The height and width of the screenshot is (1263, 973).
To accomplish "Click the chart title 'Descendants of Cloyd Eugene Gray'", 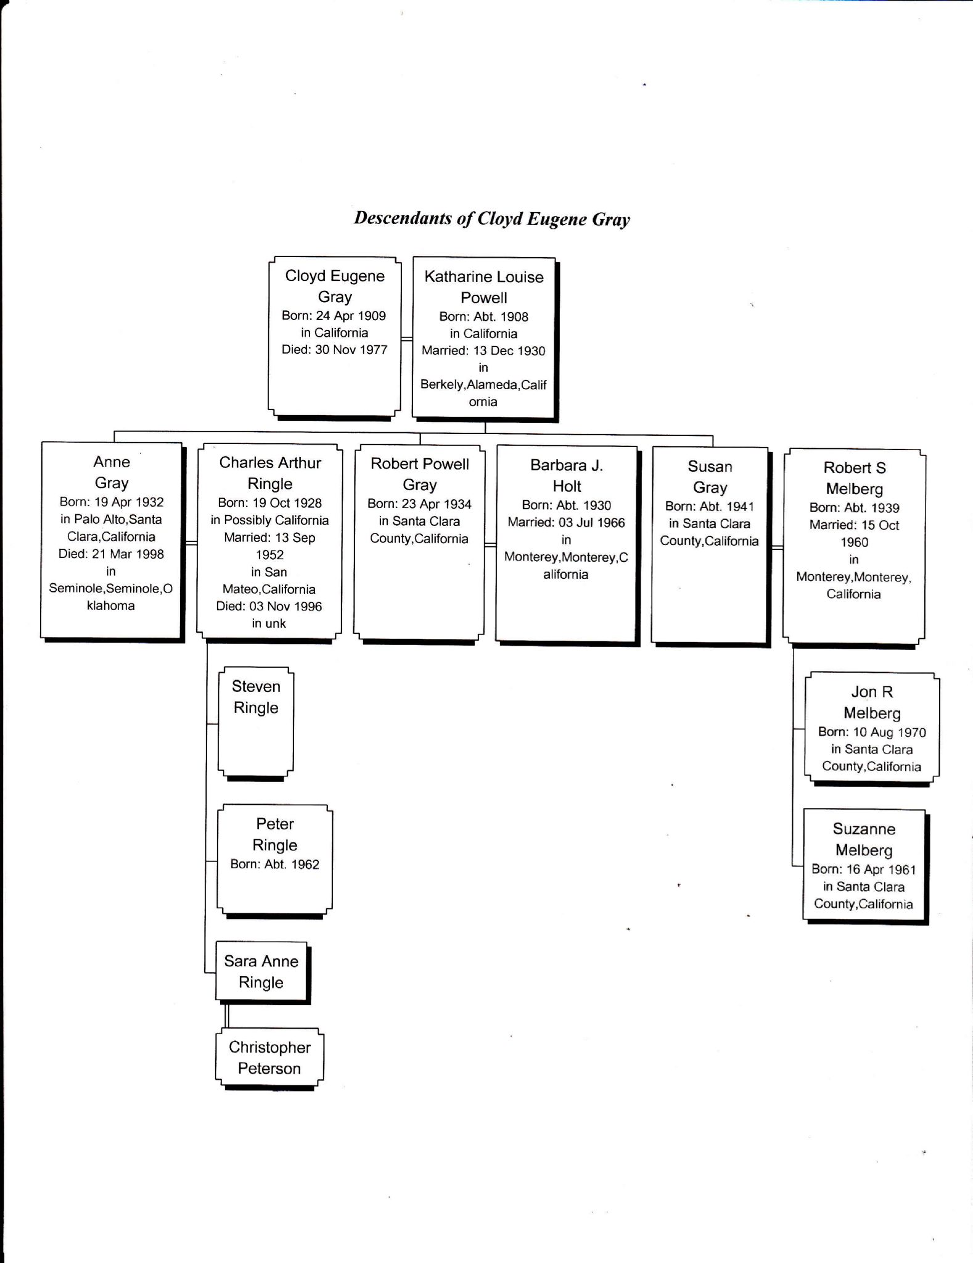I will [491, 219].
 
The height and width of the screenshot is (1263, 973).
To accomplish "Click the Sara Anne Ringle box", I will [261, 971].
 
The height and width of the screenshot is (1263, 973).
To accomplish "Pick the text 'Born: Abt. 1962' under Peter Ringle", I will [275, 864].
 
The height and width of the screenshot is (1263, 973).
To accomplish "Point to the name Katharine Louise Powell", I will [484, 287].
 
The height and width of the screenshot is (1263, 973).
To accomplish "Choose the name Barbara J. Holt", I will [567, 475].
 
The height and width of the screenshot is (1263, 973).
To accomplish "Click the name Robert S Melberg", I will [855, 478].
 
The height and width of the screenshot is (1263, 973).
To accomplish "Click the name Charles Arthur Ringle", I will [270, 473].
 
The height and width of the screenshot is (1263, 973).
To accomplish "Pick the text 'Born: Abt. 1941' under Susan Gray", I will [709, 506].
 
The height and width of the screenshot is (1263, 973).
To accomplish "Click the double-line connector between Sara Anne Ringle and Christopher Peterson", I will [227, 1015].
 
